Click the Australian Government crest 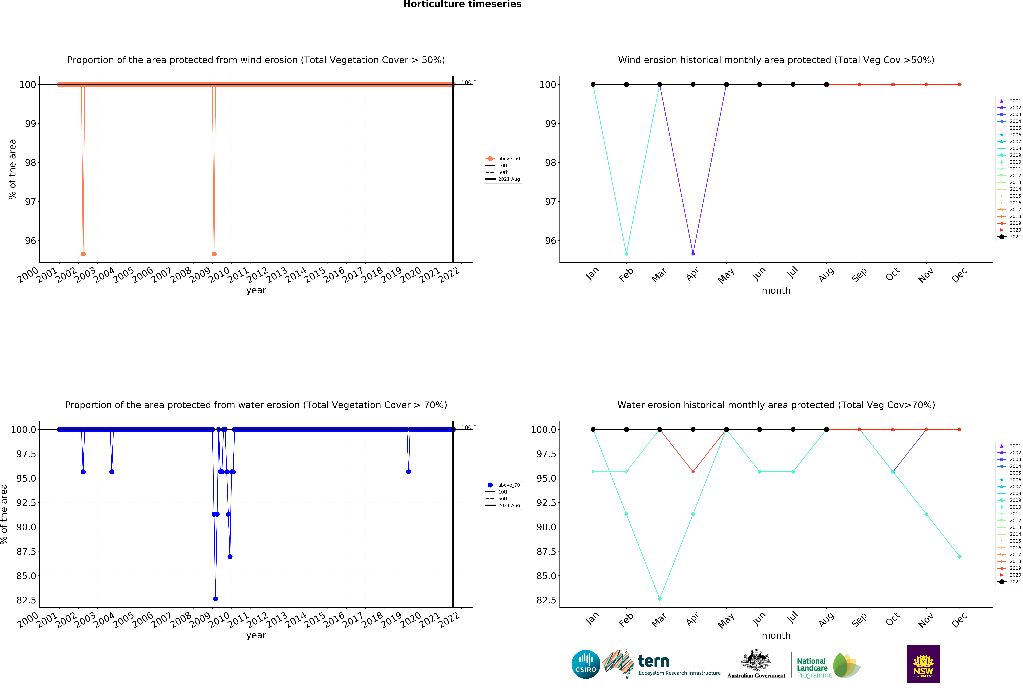(x=756, y=660)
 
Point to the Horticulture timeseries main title (x=462, y=4)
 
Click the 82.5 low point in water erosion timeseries (x=215, y=599)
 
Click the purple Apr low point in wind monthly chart (x=693, y=254)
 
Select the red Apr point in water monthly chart (x=693, y=472)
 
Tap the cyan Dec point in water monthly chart (x=960, y=556)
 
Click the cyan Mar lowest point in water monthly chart (x=659, y=599)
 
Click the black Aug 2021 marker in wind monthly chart (x=826, y=84)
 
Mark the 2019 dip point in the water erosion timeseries (x=409, y=472)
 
